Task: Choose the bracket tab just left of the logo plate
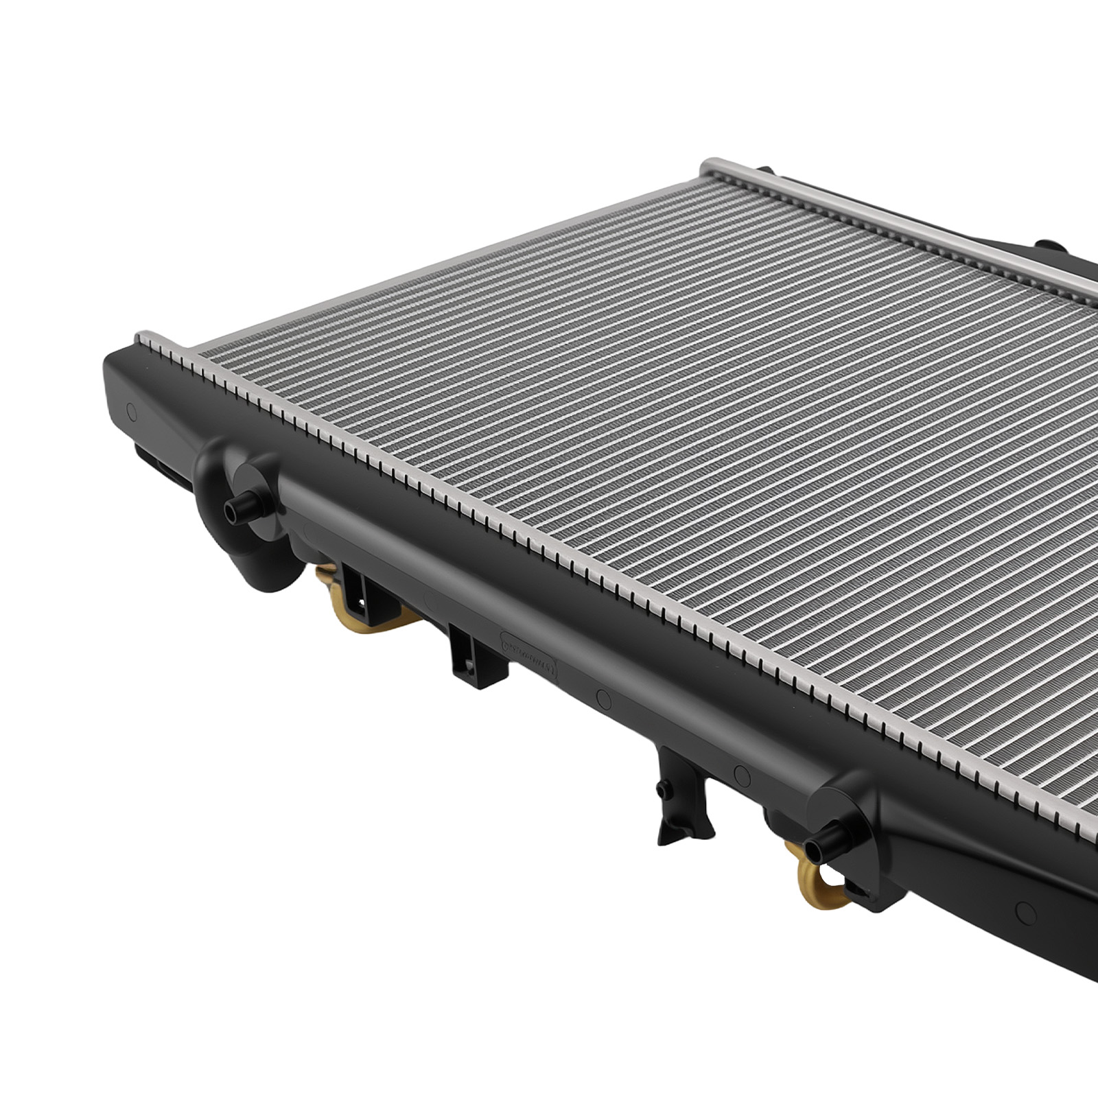click(x=466, y=649)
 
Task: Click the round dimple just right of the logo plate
click(x=604, y=699)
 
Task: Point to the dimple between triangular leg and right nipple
click(x=740, y=775)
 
